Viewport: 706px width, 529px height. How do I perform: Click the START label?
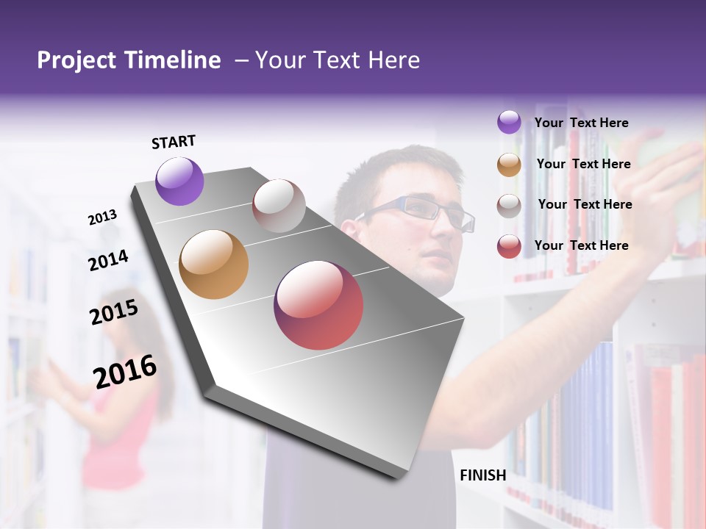(174, 142)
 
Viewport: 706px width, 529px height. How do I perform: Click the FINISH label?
(482, 475)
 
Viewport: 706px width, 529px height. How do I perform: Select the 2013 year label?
(103, 217)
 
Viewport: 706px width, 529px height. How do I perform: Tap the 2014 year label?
(109, 260)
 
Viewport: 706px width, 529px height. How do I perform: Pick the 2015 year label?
(114, 312)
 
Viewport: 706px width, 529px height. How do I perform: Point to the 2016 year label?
(125, 371)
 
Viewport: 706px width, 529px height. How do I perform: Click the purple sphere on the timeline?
(179, 181)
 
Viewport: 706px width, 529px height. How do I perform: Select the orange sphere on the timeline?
(213, 264)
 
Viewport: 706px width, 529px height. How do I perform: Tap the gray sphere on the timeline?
(279, 206)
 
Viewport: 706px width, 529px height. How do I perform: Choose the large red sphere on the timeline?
(318, 305)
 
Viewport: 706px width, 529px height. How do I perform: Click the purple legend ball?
(509, 123)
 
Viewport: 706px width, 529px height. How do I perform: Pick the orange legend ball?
(509, 165)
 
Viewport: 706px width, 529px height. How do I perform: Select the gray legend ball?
(509, 206)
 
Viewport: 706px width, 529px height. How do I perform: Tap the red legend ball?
(509, 246)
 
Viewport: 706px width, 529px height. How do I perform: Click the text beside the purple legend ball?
(582, 123)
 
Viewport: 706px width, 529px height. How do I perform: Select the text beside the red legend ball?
(582, 245)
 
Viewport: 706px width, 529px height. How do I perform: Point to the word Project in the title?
(77, 60)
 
